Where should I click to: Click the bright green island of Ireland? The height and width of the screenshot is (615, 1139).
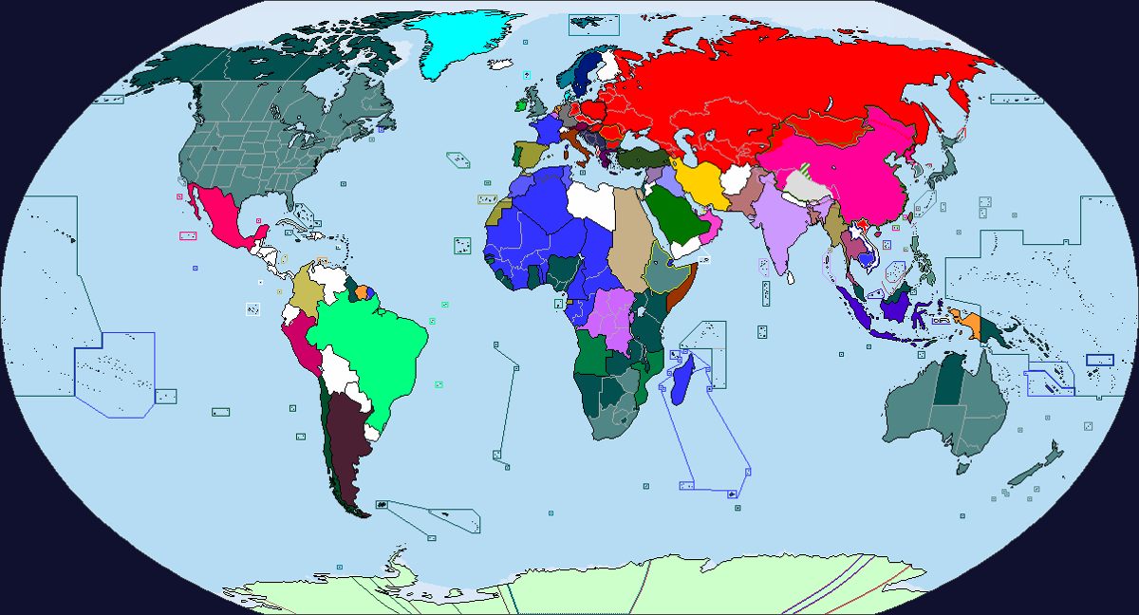coord(520,104)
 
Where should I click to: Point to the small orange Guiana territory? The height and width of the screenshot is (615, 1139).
coord(361,279)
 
